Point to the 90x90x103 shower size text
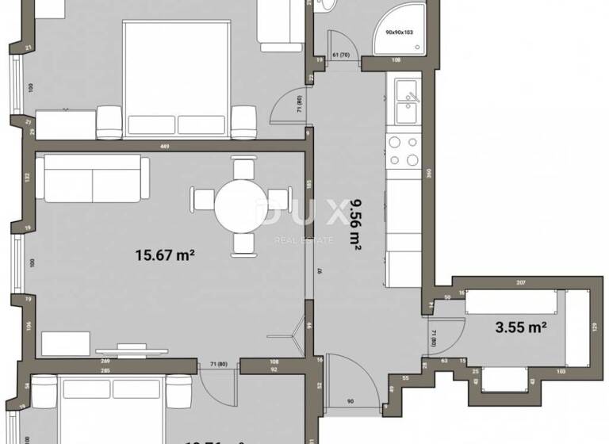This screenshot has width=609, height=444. [x=400, y=33]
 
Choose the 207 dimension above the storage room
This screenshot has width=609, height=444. [x=520, y=283]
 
